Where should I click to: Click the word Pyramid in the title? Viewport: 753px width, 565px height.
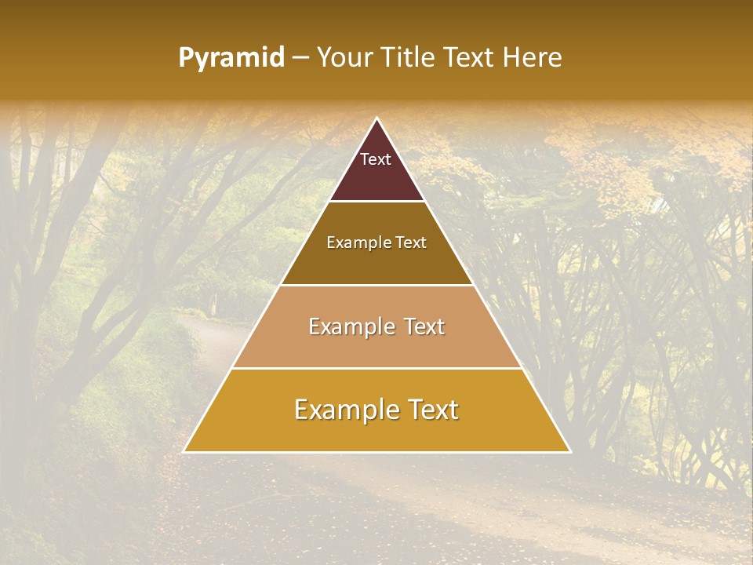pos(231,58)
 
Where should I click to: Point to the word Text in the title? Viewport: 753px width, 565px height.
pos(469,57)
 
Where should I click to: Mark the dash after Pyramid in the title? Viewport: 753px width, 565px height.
pos(300,58)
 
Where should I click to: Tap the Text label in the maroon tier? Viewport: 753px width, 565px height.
pos(376,159)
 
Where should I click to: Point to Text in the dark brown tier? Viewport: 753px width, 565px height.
pos(411,242)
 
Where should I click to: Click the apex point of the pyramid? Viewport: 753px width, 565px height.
pos(376,118)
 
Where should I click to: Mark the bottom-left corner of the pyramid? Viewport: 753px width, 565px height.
pos(184,451)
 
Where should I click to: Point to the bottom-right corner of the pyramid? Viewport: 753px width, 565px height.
pos(569,451)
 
